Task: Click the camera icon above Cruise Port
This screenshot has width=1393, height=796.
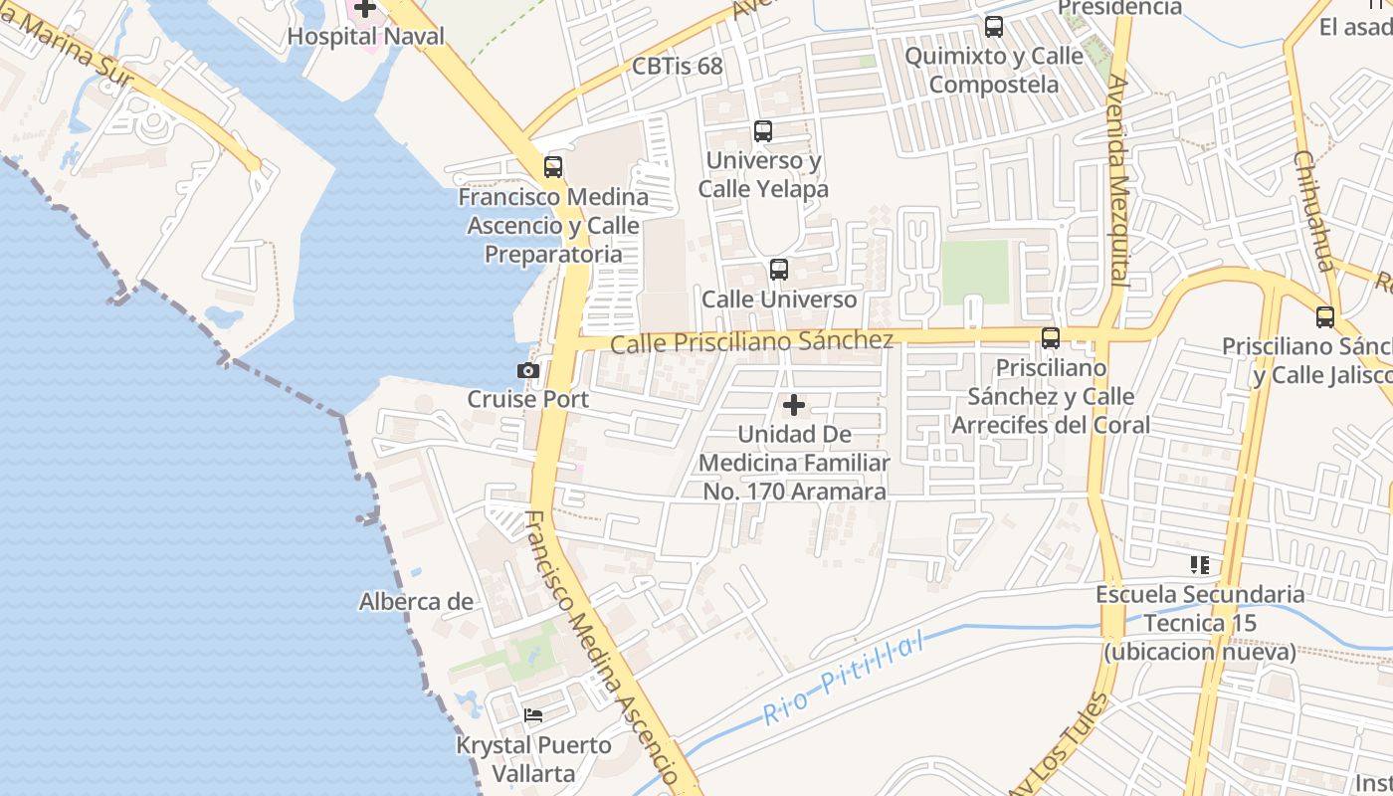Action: tap(528, 371)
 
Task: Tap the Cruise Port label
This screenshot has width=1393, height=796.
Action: tap(528, 399)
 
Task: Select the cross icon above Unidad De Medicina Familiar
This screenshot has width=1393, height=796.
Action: tap(794, 405)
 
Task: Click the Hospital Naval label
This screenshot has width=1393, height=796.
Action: tap(366, 36)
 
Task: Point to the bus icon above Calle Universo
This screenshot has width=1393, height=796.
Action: tap(779, 270)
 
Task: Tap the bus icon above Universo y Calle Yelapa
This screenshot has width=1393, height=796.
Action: tap(763, 131)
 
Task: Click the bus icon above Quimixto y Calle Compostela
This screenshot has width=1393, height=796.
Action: tap(994, 27)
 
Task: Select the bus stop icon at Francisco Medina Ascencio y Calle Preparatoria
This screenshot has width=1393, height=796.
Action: tap(553, 167)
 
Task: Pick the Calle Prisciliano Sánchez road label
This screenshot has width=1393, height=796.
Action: tap(751, 342)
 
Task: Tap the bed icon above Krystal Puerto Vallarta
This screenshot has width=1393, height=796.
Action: tap(533, 714)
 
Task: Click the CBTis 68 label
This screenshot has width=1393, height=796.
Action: tap(678, 67)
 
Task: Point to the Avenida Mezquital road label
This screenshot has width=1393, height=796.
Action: tap(1119, 179)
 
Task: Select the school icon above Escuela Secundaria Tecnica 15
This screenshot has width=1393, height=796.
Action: tap(1200, 565)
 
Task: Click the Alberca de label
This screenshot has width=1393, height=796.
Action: tap(416, 601)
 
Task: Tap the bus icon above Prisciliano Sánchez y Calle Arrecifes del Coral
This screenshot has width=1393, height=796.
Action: tap(1051, 338)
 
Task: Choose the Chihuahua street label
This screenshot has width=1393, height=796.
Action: tap(1312, 211)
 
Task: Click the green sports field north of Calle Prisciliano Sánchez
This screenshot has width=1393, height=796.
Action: tap(975, 272)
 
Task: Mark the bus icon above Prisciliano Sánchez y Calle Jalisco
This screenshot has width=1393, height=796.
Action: tap(1325, 317)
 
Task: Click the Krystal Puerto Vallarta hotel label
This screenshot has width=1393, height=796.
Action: tap(533, 758)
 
